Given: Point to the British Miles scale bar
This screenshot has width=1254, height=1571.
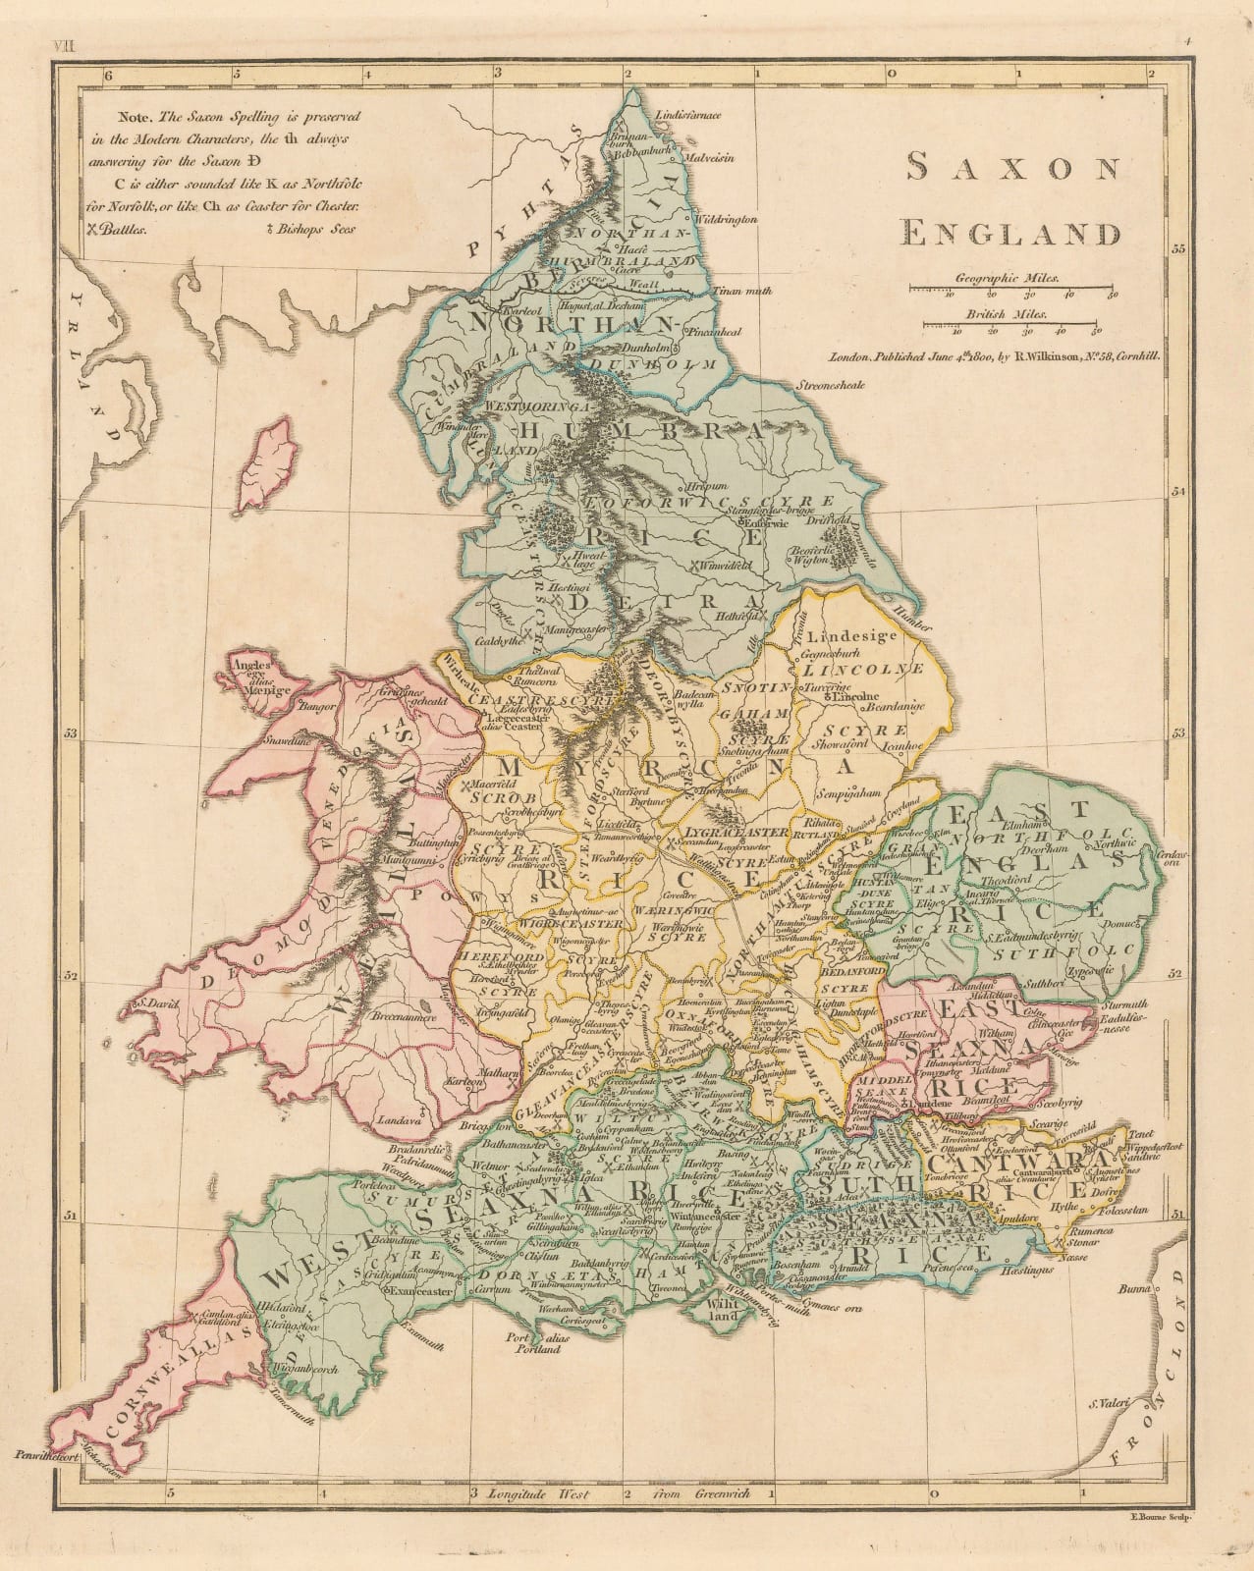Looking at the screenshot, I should pyautogui.click(x=1021, y=324).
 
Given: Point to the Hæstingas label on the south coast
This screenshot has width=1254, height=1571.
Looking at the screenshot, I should pyautogui.click(x=1028, y=1269).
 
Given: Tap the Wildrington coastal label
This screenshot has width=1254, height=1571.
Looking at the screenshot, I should pyautogui.click(x=726, y=219).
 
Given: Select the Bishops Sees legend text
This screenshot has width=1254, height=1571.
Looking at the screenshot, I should pyautogui.click(x=315, y=228).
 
